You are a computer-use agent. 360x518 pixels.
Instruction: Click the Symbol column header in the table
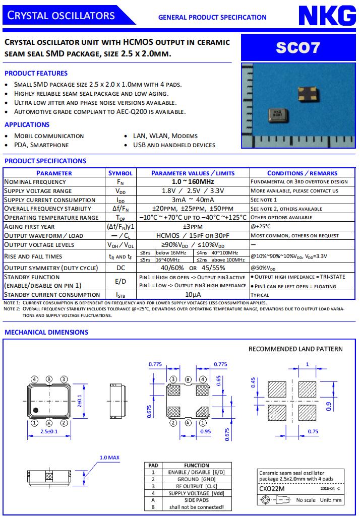[121, 173]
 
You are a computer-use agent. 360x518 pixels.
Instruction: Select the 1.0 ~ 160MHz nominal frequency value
[193, 181]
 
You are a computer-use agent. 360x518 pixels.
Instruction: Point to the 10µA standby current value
[193, 295]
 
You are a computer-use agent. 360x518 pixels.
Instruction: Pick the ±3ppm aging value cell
[193, 227]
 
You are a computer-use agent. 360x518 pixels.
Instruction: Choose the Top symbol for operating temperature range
[121, 218]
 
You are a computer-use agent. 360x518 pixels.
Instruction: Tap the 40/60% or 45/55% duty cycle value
[193, 268]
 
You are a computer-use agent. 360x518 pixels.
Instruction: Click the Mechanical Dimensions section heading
[46, 332]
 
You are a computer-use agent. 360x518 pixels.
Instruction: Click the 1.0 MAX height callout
[109, 458]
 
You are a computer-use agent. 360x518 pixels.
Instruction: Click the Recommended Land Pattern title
[295, 349]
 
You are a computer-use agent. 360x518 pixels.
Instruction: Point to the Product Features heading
[36, 73]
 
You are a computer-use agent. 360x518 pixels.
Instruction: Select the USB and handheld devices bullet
[174, 145]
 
